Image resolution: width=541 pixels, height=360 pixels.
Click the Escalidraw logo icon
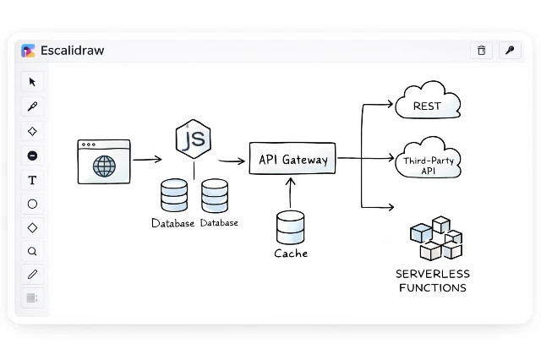(28, 51)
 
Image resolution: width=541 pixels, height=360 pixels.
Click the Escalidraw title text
(72, 51)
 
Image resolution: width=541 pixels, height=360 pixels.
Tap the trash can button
(481, 51)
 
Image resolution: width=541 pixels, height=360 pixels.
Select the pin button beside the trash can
(509, 51)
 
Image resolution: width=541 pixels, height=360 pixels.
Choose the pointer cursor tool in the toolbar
(32, 82)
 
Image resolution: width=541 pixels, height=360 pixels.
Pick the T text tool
(32, 180)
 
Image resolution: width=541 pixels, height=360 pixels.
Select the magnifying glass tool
(32, 251)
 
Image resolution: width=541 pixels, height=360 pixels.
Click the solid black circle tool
(32, 155)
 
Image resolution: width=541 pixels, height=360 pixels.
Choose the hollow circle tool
(32, 204)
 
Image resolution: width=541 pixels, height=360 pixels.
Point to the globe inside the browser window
(104, 166)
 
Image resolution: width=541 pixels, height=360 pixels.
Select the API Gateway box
(293, 159)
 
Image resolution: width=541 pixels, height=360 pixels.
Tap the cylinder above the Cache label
(290, 226)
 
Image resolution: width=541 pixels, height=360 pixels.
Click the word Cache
(291, 254)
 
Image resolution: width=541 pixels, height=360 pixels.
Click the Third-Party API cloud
(428, 161)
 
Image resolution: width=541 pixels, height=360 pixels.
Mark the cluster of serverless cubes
(434, 238)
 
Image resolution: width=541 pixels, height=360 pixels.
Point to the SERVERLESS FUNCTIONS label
(432, 281)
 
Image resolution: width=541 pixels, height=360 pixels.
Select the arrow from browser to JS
(147, 159)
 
